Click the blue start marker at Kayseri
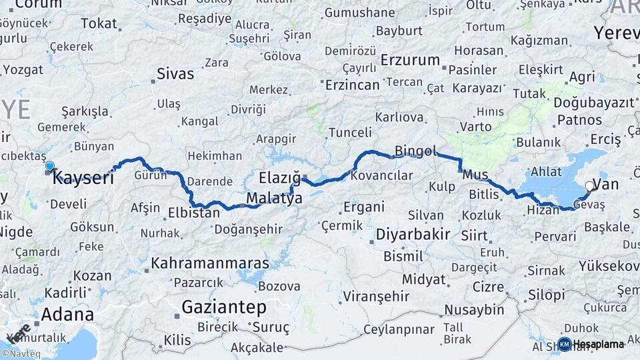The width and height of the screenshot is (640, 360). click(x=49, y=166)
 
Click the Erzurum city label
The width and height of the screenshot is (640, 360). click(x=410, y=60)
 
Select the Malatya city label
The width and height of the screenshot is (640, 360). click(x=274, y=198)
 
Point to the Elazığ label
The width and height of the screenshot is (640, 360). click(x=279, y=177)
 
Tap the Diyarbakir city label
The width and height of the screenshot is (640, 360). click(x=413, y=235)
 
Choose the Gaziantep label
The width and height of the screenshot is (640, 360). click(x=224, y=307)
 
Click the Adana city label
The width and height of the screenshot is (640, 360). click(x=67, y=313)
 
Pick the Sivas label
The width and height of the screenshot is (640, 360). click(x=175, y=73)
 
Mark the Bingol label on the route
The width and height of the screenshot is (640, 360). click(x=415, y=151)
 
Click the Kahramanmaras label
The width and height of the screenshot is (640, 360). click(x=210, y=263)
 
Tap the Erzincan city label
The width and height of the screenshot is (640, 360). click(x=352, y=85)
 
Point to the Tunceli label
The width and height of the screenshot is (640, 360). click(x=349, y=132)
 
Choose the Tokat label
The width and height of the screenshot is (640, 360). click(x=99, y=24)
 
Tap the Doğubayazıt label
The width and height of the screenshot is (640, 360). click(x=593, y=102)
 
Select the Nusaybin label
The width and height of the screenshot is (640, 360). click(x=474, y=310)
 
